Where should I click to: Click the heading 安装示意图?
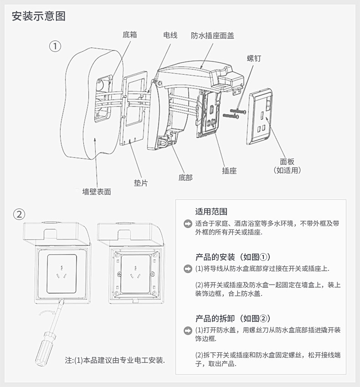[x=39, y=16]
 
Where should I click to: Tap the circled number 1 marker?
[x=55, y=46]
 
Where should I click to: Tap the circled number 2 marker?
[x=19, y=214]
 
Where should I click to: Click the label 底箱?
[x=130, y=35]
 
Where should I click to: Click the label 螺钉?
[x=254, y=59]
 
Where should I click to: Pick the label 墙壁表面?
[x=97, y=192]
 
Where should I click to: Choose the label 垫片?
[x=141, y=183]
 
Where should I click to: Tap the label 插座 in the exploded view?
[x=229, y=171]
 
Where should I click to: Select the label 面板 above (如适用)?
[x=287, y=161]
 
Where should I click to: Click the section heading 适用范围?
[x=211, y=212]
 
